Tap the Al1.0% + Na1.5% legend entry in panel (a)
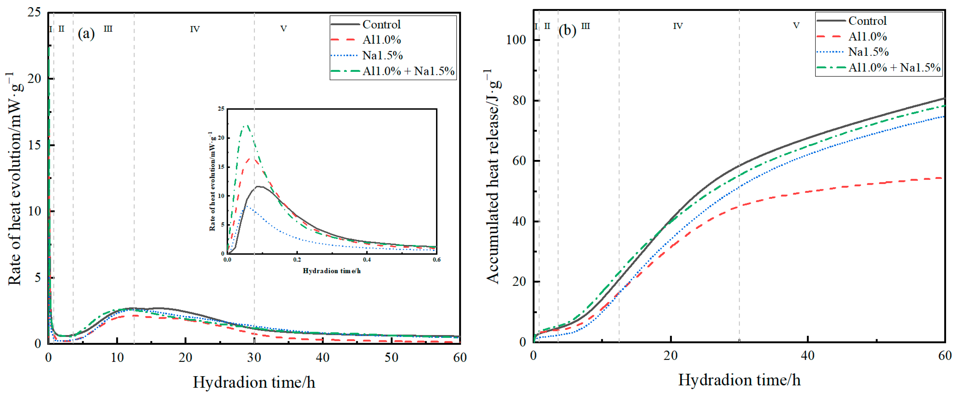pyautogui.click(x=408, y=71)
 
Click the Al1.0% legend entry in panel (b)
pyautogui.click(x=867, y=36)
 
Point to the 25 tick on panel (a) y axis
pyautogui.click(x=34, y=12)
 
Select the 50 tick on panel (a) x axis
pyautogui.click(x=391, y=357)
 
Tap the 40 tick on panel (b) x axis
pyautogui.click(x=807, y=356)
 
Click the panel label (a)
pyautogui.click(x=86, y=34)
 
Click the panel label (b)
pyautogui.click(x=567, y=30)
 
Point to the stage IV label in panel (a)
pyautogui.click(x=195, y=29)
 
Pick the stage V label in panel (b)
pyautogui.click(x=796, y=26)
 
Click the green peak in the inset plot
pyautogui.click(x=246, y=125)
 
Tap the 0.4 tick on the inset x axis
pyautogui.click(x=367, y=259)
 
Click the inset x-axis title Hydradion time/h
pyautogui.click(x=331, y=271)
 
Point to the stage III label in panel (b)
pyautogui.click(x=585, y=26)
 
